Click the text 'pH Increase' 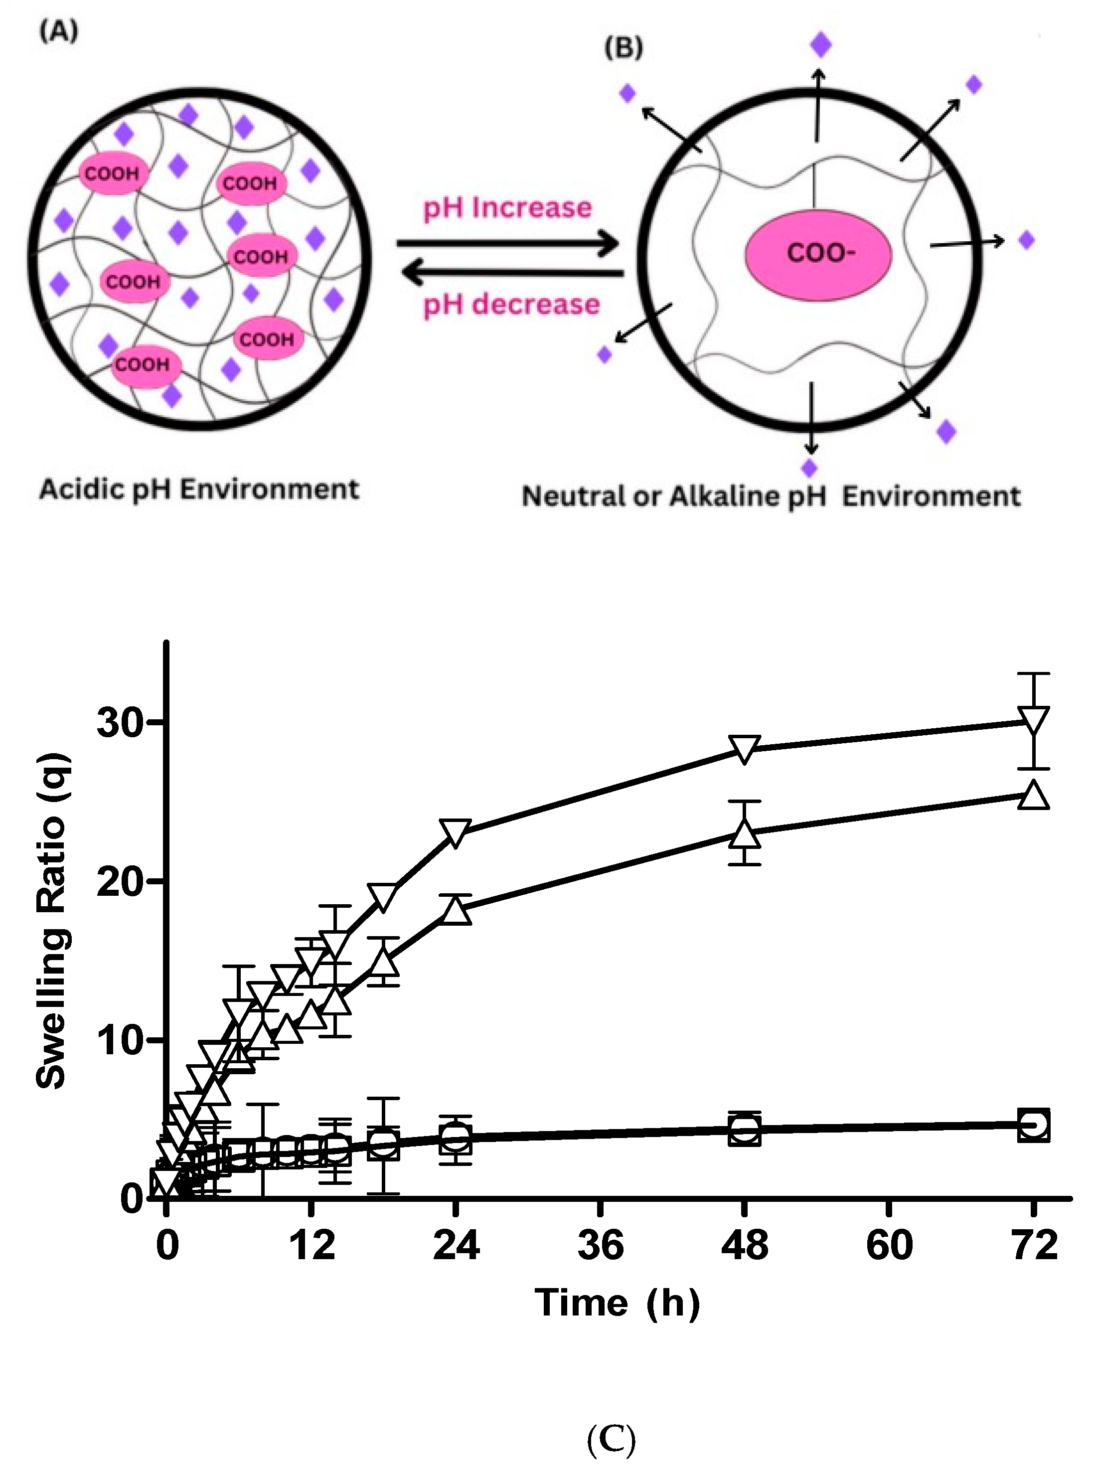(507, 208)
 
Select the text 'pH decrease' (511, 305)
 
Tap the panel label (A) (58, 31)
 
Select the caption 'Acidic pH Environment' (199, 490)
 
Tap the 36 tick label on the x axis (600, 1244)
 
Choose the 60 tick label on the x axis (889, 1244)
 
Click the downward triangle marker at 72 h (1034, 720)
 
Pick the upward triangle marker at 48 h (744, 833)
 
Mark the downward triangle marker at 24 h (456, 831)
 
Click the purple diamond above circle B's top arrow (820, 45)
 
